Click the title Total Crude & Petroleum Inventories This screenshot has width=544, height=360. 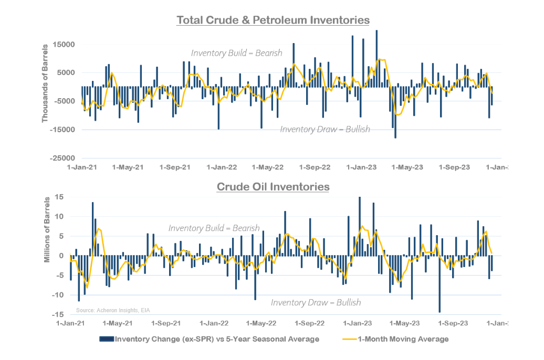273,20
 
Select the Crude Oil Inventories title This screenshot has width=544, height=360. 273,186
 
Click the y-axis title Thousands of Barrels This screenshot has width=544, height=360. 45,83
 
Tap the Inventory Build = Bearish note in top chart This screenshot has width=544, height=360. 237,53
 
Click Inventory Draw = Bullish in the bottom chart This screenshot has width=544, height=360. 316,303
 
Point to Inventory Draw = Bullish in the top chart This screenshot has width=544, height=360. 325,129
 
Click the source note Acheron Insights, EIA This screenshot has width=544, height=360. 116,310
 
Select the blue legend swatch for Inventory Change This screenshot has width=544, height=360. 107,339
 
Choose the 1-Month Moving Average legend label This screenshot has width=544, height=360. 403,339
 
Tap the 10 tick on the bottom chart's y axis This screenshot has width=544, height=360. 60,216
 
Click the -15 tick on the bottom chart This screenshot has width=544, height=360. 59,314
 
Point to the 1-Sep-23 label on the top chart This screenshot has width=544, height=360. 455,167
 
